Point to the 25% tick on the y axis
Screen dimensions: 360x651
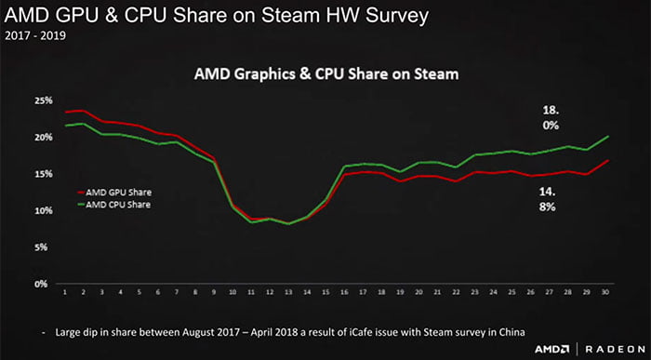(41, 100)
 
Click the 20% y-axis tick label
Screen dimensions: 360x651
(41, 137)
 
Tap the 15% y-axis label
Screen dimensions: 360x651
(41, 174)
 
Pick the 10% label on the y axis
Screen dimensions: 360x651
(41, 211)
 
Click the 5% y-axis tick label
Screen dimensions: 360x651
(43, 247)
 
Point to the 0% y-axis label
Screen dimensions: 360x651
(43, 285)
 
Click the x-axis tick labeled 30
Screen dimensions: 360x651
(607, 293)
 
